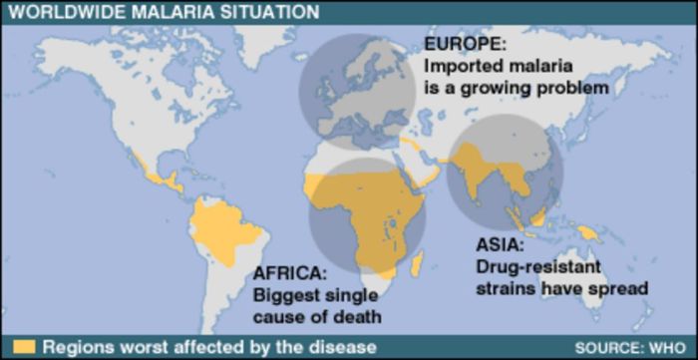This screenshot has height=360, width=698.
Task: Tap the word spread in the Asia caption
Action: (x=624, y=289)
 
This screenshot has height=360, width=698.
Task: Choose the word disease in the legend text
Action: (x=346, y=347)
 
